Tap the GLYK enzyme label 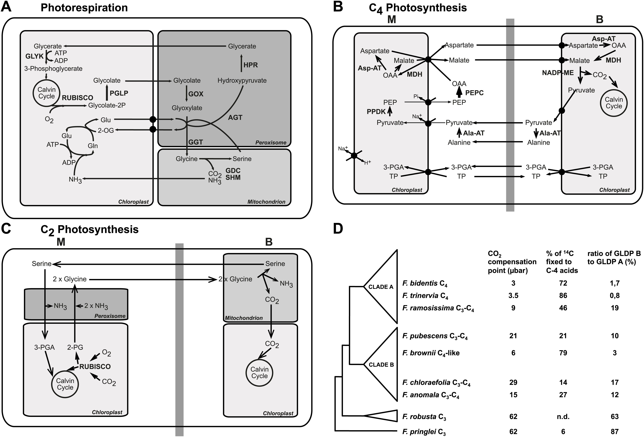[34, 56]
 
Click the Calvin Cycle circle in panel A [47, 93]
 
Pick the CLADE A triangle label [381, 287]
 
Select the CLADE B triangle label [381, 365]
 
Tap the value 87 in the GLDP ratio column [615, 431]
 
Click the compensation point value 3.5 [513, 296]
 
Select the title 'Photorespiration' [84, 8]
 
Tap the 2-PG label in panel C [75, 347]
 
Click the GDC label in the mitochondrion [233, 170]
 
